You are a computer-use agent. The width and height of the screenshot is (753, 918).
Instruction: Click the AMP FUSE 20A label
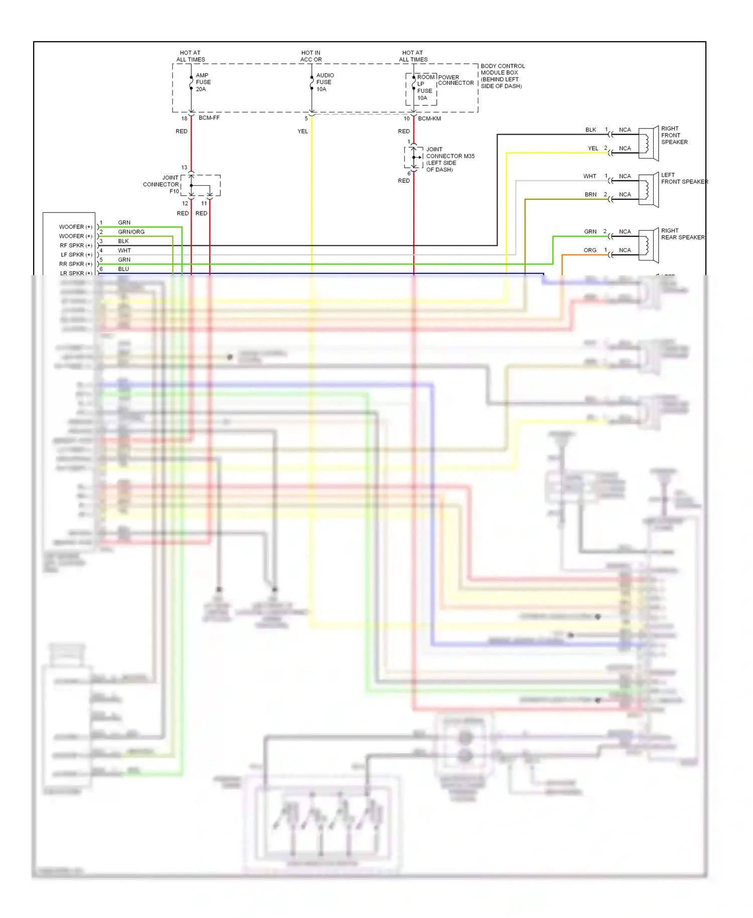point(203,82)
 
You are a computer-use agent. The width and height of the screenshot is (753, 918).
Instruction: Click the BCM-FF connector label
point(209,118)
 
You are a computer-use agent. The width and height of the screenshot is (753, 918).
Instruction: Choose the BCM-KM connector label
point(429,119)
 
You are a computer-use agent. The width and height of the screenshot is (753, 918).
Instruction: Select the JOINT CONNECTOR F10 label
point(161,184)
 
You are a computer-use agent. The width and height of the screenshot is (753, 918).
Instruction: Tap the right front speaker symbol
point(649,143)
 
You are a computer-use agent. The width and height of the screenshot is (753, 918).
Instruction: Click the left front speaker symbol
point(649,190)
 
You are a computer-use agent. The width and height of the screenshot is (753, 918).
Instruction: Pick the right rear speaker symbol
point(649,245)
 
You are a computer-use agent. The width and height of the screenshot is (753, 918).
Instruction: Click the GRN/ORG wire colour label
point(131,232)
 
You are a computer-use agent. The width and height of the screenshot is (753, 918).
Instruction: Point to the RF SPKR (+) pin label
point(76,246)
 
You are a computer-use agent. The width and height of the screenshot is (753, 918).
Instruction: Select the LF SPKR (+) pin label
point(76,255)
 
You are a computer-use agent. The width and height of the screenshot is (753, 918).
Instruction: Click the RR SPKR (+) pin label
point(75,264)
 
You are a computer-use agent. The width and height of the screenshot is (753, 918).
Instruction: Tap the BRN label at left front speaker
point(590,194)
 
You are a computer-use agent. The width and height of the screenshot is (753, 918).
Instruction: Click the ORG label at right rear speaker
point(590,250)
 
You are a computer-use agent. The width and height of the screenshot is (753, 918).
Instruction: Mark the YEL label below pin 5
point(302,131)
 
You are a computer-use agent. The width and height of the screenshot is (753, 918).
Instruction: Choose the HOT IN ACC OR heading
point(311,56)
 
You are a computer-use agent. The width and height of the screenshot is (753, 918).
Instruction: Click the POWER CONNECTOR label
point(455,80)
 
